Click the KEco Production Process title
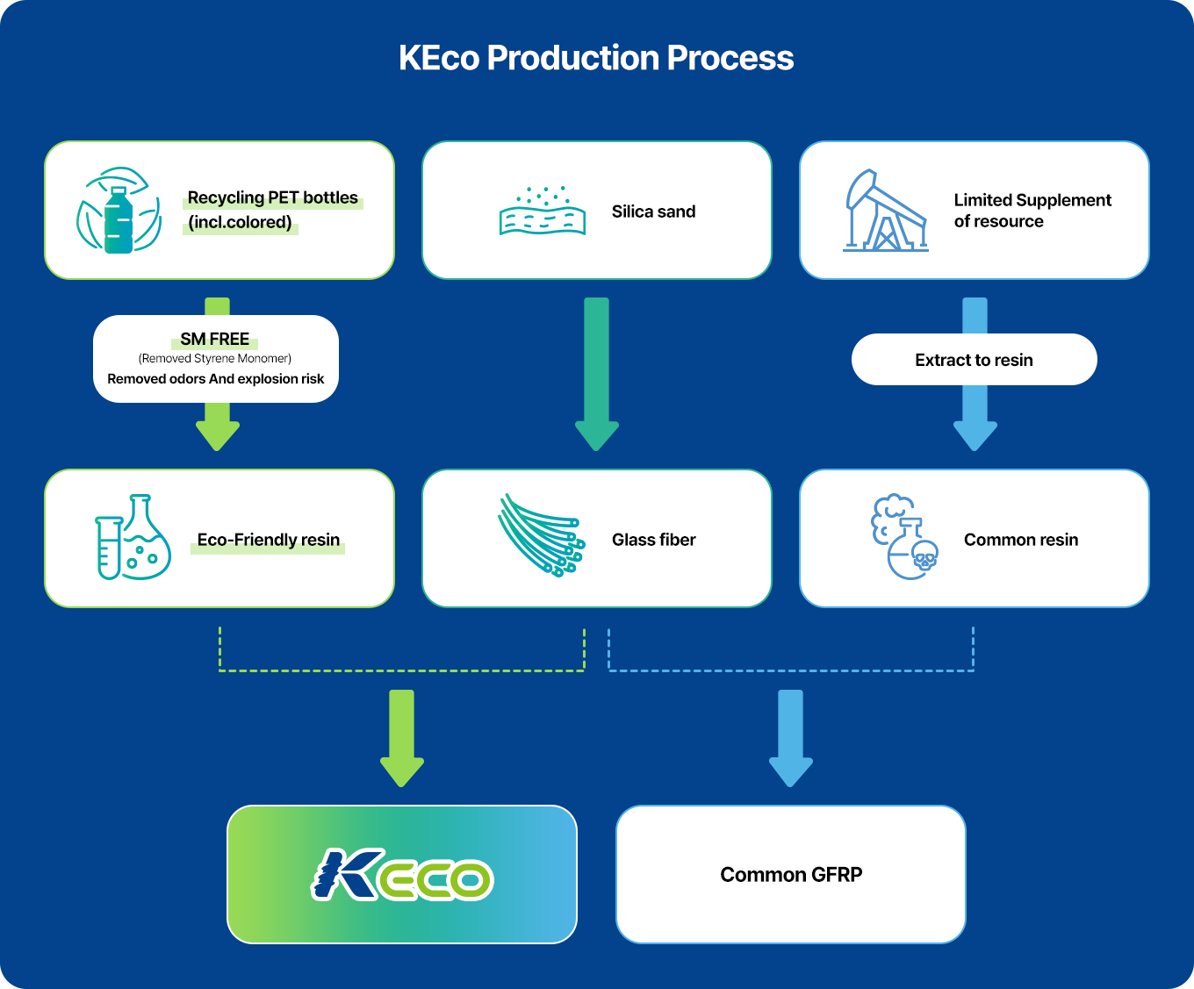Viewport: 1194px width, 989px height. pos(596,58)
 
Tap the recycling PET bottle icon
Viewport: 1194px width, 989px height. pos(119,211)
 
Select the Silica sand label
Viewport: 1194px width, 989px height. pos(653,211)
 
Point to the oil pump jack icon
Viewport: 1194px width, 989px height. pos(885,211)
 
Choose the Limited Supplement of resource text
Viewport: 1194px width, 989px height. pos(1032,211)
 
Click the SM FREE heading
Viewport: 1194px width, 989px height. pos(214,339)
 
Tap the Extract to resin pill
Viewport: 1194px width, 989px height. pos(974,360)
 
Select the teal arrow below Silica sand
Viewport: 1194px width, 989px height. pos(596,375)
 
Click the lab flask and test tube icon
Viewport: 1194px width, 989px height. pos(133,537)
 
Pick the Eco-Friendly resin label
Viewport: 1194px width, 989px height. pos(268,540)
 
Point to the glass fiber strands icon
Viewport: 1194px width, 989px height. pos(542,535)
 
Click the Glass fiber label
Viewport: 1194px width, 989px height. pos(653,540)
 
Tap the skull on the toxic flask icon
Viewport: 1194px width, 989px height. pos(924,555)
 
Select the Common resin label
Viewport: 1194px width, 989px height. pos(1021,540)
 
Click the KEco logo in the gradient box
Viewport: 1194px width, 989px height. pos(402,875)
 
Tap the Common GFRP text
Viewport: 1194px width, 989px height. pos(791,875)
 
